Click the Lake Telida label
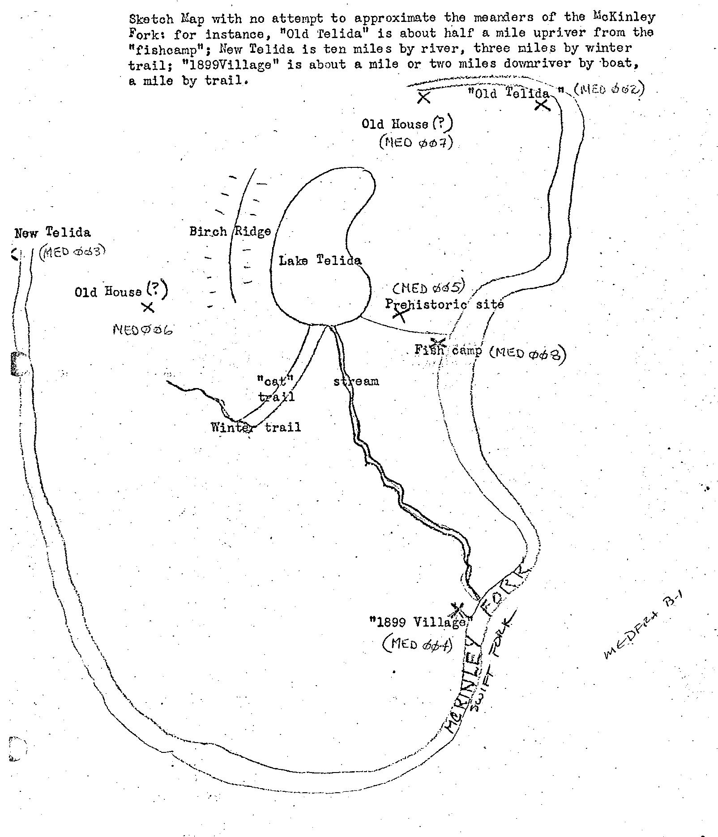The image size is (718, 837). [x=320, y=260]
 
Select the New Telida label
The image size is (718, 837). [x=52, y=233]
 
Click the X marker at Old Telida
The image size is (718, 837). [x=542, y=105]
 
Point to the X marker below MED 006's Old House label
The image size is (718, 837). [x=148, y=307]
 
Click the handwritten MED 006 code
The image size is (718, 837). [x=143, y=330]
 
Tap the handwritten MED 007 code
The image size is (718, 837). [x=416, y=143]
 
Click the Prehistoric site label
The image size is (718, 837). [x=444, y=304]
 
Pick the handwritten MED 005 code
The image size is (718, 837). [x=429, y=287]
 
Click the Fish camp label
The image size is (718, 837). [x=448, y=350]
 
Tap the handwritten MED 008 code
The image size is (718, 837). [x=528, y=354]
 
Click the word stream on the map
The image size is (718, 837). [x=356, y=381]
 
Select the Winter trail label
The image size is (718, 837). [x=256, y=427]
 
